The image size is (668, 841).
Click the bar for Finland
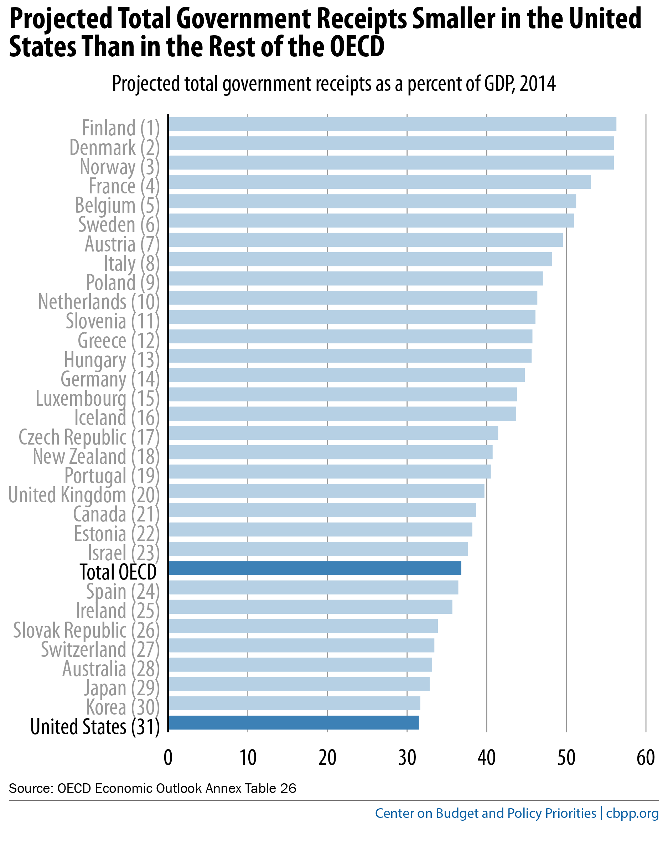tap(392, 124)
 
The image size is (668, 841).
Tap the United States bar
tap(294, 722)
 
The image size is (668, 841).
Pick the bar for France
tap(379, 182)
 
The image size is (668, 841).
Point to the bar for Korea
tap(294, 703)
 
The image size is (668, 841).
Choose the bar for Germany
tap(347, 375)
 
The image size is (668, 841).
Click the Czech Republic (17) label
tap(89, 437)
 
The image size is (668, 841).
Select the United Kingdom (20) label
tap(84, 495)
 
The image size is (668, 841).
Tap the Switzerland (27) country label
tap(100, 649)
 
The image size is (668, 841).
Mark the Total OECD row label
tap(118, 572)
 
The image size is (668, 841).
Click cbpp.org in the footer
tap(632, 813)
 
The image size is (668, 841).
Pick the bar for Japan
tap(299, 684)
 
